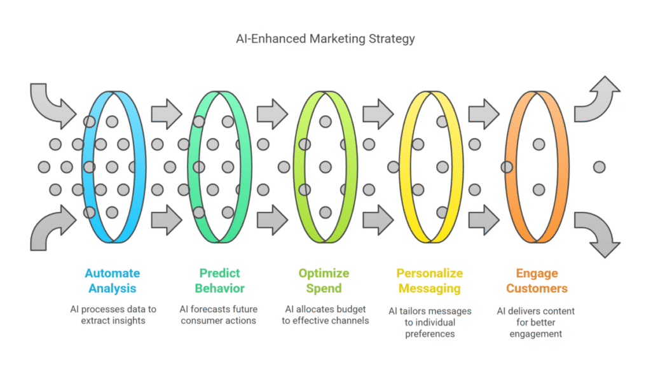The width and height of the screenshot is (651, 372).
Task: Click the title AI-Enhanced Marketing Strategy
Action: [x=325, y=39]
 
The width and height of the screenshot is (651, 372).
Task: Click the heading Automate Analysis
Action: [x=113, y=280]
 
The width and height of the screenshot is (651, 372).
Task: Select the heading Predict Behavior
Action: [x=219, y=280]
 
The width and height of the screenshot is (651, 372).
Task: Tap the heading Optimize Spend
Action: [x=324, y=280]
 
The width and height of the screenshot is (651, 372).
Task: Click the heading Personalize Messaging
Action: [x=429, y=280]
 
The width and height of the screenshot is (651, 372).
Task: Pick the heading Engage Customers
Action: [x=537, y=280]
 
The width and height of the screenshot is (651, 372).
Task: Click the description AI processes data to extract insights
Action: [x=113, y=315]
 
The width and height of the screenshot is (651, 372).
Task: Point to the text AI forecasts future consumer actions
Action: [x=219, y=315]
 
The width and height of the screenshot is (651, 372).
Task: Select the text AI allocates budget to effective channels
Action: [x=324, y=315]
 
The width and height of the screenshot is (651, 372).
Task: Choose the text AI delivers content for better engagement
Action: [x=537, y=322]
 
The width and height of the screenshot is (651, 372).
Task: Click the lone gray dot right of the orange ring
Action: [x=599, y=167]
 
